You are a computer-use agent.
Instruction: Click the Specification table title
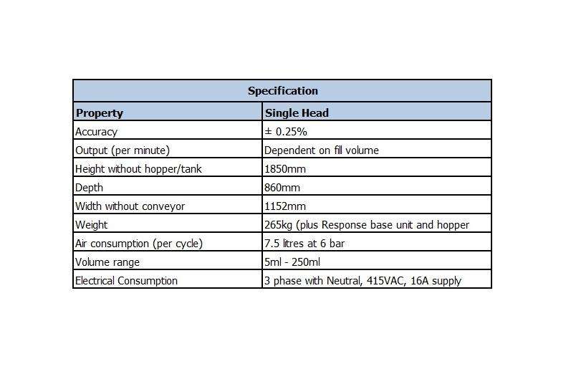click(282, 91)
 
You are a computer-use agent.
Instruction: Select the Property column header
click(100, 112)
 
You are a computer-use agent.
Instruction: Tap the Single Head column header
click(297, 112)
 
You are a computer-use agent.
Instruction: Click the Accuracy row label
click(96, 132)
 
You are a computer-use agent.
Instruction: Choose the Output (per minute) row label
click(123, 150)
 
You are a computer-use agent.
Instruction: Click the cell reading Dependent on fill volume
click(321, 150)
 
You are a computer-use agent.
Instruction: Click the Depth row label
click(89, 188)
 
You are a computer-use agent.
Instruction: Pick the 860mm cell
click(282, 188)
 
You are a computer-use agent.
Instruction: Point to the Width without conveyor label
click(130, 206)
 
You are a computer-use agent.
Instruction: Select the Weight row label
click(92, 225)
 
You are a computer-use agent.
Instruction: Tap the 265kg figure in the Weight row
click(277, 225)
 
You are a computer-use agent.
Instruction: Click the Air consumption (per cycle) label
click(139, 244)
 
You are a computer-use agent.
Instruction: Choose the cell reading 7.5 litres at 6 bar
click(304, 244)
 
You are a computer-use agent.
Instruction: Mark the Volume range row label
click(107, 262)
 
